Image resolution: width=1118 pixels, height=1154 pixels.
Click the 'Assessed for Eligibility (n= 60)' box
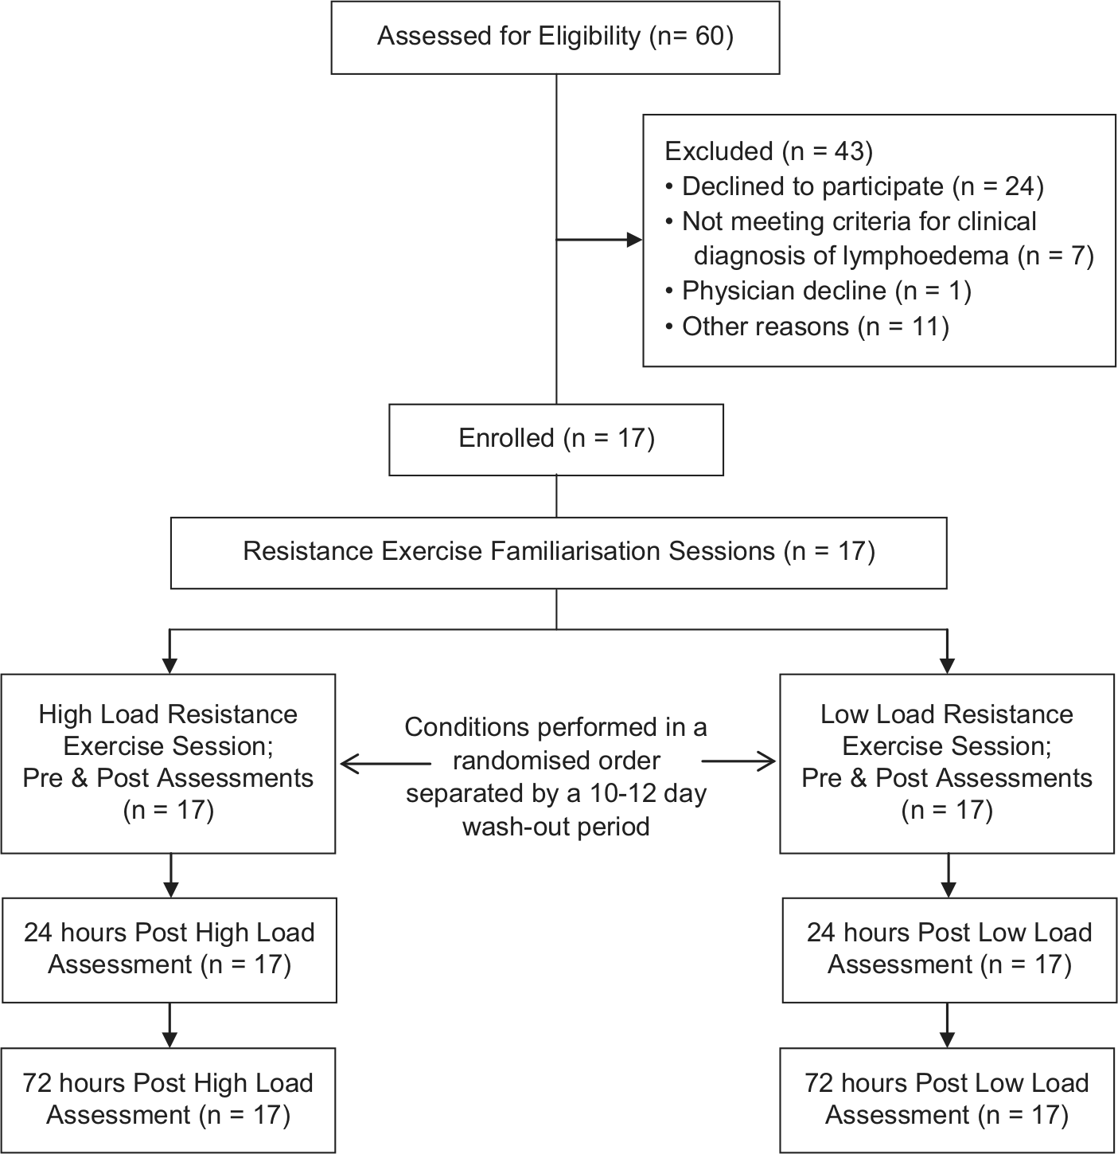(555, 37)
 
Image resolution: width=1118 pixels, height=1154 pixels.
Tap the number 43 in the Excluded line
(849, 151)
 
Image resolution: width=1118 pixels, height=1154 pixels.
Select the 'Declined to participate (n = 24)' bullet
(854, 186)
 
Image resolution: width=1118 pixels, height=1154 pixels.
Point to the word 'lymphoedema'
(925, 256)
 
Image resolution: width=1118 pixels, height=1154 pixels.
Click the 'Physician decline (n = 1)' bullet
(818, 291)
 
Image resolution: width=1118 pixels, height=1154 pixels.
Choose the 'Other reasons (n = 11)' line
(807, 327)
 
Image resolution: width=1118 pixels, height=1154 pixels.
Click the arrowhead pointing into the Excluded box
(634, 240)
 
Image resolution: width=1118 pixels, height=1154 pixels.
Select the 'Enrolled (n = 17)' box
(555, 440)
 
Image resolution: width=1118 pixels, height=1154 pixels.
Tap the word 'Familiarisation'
(577, 551)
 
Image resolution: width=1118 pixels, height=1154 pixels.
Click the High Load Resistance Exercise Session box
(168, 763)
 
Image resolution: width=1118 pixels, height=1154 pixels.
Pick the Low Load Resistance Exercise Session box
(947, 763)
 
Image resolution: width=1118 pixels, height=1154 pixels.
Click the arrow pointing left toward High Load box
(386, 763)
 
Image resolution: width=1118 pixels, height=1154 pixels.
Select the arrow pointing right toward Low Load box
(738, 761)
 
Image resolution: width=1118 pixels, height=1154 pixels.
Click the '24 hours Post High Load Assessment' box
(169, 950)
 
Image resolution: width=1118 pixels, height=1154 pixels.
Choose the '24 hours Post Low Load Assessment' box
(949, 950)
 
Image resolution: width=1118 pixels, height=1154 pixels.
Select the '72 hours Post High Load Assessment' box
(168, 1100)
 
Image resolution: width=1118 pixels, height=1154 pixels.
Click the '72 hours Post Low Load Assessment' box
(947, 1100)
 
